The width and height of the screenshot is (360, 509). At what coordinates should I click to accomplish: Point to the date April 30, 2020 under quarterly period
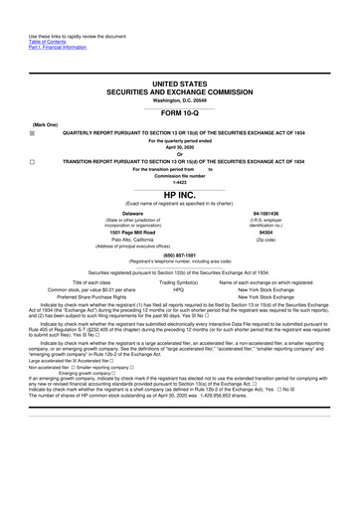[x=180, y=145]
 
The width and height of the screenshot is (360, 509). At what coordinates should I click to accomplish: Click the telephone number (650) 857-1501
[x=180, y=252]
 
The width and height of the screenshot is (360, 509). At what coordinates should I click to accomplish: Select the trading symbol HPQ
[x=180, y=288]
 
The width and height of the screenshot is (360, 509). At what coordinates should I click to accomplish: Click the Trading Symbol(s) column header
[x=180, y=280]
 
